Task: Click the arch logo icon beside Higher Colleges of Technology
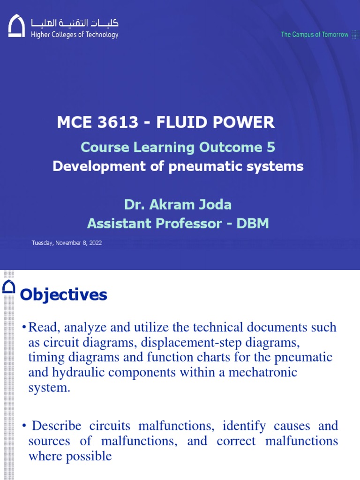pyautogui.click(x=16, y=26)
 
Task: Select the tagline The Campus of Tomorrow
pyautogui.click(x=315, y=35)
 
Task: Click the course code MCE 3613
pyautogui.click(x=97, y=123)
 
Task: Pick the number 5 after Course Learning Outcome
pyautogui.click(x=270, y=147)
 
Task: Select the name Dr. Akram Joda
pyautogui.click(x=178, y=205)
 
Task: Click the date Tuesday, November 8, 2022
pyautogui.click(x=67, y=243)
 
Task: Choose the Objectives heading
pyautogui.click(x=64, y=295)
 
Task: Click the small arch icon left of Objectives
pyautogui.click(x=8, y=286)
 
